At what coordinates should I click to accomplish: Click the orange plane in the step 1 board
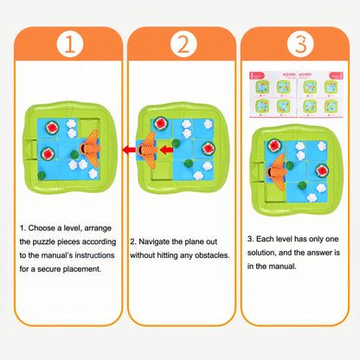90,149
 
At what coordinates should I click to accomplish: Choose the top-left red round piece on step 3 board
275,144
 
